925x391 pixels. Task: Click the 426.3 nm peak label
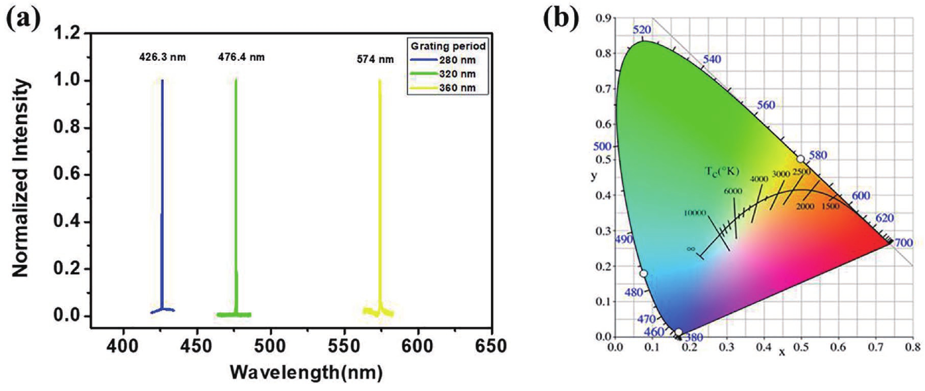162,57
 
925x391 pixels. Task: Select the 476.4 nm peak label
241,57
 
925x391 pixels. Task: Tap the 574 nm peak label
375,59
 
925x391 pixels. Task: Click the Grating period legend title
448,46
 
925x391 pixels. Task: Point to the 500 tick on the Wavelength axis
270,346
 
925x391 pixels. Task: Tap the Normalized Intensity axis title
21,178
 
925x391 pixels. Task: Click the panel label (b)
561,21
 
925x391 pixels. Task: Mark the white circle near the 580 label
800,159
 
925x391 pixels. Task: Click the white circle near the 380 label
678,332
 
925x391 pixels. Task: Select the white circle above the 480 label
643,274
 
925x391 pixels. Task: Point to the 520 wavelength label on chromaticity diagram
641,30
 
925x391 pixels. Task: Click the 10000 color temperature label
695,213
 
